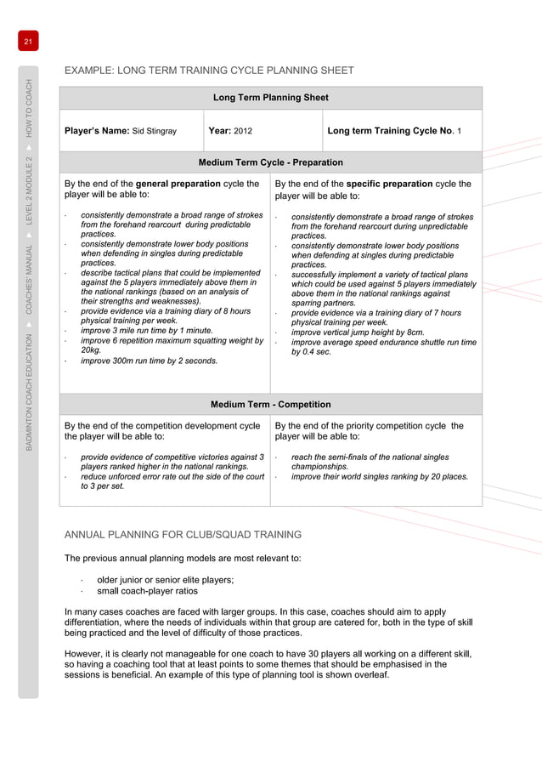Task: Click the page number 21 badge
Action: (x=27, y=42)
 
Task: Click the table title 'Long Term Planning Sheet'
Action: (x=270, y=98)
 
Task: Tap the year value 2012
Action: (x=243, y=132)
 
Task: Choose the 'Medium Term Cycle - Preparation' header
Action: (x=270, y=162)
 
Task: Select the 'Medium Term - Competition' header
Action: (x=270, y=404)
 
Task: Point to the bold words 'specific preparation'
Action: (x=387, y=184)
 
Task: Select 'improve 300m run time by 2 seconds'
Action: (x=149, y=361)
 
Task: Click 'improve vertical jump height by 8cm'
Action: (x=357, y=332)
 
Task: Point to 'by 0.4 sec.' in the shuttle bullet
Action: (x=312, y=351)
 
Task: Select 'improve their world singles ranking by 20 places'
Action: (x=379, y=477)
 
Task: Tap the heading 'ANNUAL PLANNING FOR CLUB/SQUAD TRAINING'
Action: (x=183, y=535)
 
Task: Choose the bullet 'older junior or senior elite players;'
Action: (x=165, y=579)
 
